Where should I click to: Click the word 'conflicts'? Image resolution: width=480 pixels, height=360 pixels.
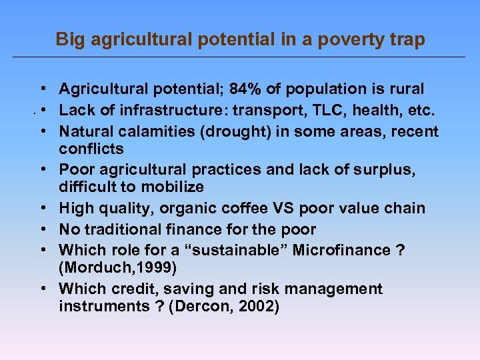click(x=91, y=147)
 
